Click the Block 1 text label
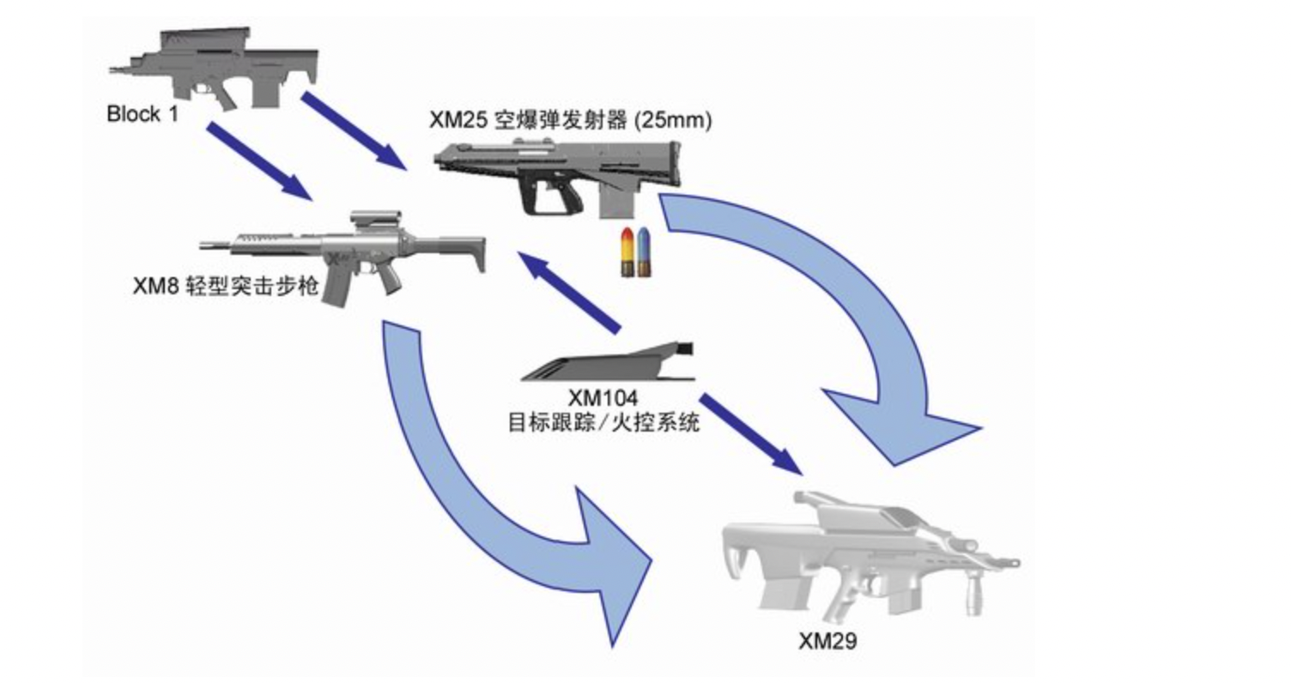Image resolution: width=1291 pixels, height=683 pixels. [x=142, y=113]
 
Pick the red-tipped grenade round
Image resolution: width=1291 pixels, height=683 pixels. [x=628, y=253]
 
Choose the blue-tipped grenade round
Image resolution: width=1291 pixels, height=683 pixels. [x=643, y=253]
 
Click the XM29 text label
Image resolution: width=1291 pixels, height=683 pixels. [x=827, y=639]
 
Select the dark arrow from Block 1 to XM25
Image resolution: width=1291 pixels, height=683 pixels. [x=353, y=130]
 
